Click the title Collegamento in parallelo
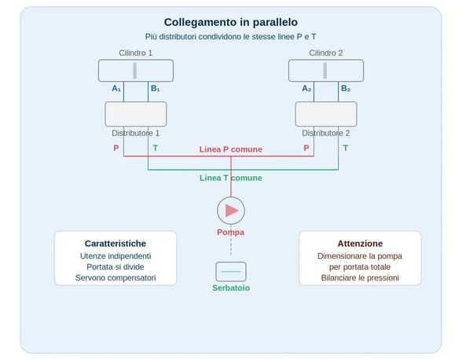click(x=230, y=22)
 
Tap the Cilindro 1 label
click(x=135, y=53)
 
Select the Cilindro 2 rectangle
click(x=325, y=71)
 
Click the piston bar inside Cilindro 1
click(x=135, y=71)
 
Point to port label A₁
click(x=116, y=89)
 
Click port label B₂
click(x=345, y=89)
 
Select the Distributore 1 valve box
click(x=135, y=114)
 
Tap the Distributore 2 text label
click(x=325, y=134)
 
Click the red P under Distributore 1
click(x=116, y=148)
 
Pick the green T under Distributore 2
click(x=345, y=148)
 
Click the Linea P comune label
click(x=230, y=149)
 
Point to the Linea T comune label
click(x=230, y=178)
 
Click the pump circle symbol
click(x=231, y=210)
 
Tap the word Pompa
click(x=231, y=232)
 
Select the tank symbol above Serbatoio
click(x=231, y=272)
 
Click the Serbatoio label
click(x=231, y=288)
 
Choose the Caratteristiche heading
click(x=115, y=244)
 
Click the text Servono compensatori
click(x=115, y=277)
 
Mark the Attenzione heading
click(x=360, y=244)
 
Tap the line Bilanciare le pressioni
click(x=360, y=277)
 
